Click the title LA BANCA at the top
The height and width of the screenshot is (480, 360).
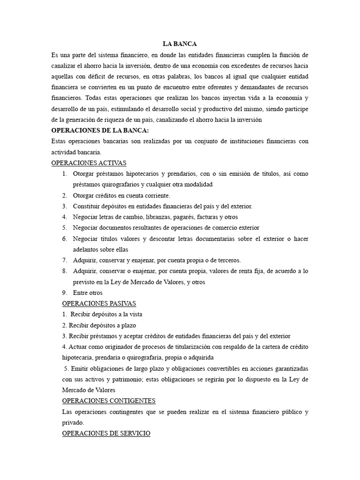coord(180,44)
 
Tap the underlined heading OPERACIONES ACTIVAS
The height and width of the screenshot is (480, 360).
coord(89,163)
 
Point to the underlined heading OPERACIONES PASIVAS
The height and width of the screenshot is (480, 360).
coord(99,303)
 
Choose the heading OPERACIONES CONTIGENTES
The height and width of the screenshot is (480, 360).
coord(109,401)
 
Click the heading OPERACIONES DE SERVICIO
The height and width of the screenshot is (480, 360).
coord(106,434)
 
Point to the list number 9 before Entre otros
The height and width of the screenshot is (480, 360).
coord(64,292)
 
